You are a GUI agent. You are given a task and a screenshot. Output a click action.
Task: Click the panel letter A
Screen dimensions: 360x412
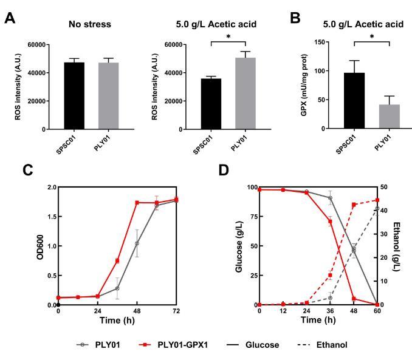click(x=10, y=18)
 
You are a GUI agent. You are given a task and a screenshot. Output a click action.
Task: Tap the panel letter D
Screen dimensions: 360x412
click(x=223, y=171)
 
